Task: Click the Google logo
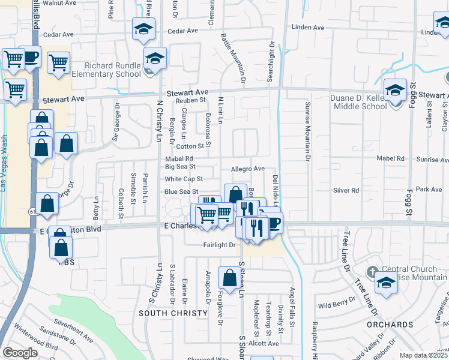(20, 352)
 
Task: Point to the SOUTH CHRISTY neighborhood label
(165, 313)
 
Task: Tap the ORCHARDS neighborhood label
(391, 325)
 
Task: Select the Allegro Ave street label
(247, 169)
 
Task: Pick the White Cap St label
(184, 179)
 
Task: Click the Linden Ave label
(308, 28)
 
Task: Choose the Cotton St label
(190, 146)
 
